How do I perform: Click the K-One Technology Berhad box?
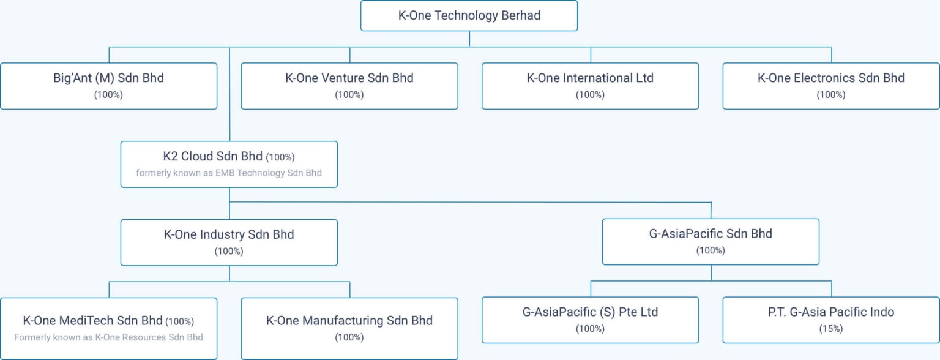[x=469, y=16]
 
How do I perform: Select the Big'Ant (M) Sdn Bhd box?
[x=108, y=86]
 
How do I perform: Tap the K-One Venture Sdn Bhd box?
[x=349, y=86]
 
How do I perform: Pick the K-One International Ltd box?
[x=590, y=86]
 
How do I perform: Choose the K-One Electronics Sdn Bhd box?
[x=831, y=86]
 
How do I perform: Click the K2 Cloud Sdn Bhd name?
[x=208, y=157]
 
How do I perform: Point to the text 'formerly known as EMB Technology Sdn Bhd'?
[x=229, y=173]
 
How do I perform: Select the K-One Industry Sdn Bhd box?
[x=229, y=242]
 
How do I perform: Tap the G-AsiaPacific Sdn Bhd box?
[x=711, y=242]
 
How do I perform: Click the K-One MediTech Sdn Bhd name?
[x=93, y=321]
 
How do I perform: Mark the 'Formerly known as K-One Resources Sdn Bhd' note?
[x=108, y=337]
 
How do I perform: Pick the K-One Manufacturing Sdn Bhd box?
[x=349, y=328]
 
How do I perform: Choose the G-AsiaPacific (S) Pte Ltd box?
[x=590, y=320]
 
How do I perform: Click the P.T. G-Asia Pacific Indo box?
[x=831, y=320]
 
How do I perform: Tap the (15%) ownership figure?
[x=831, y=329]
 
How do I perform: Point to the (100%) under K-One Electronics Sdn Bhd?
[x=831, y=95]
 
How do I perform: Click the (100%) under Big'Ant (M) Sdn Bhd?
[x=108, y=95]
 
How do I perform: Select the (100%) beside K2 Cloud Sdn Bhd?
[x=280, y=157]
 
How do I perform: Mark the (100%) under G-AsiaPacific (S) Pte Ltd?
[x=590, y=329]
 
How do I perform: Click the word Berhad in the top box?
[x=520, y=16]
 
